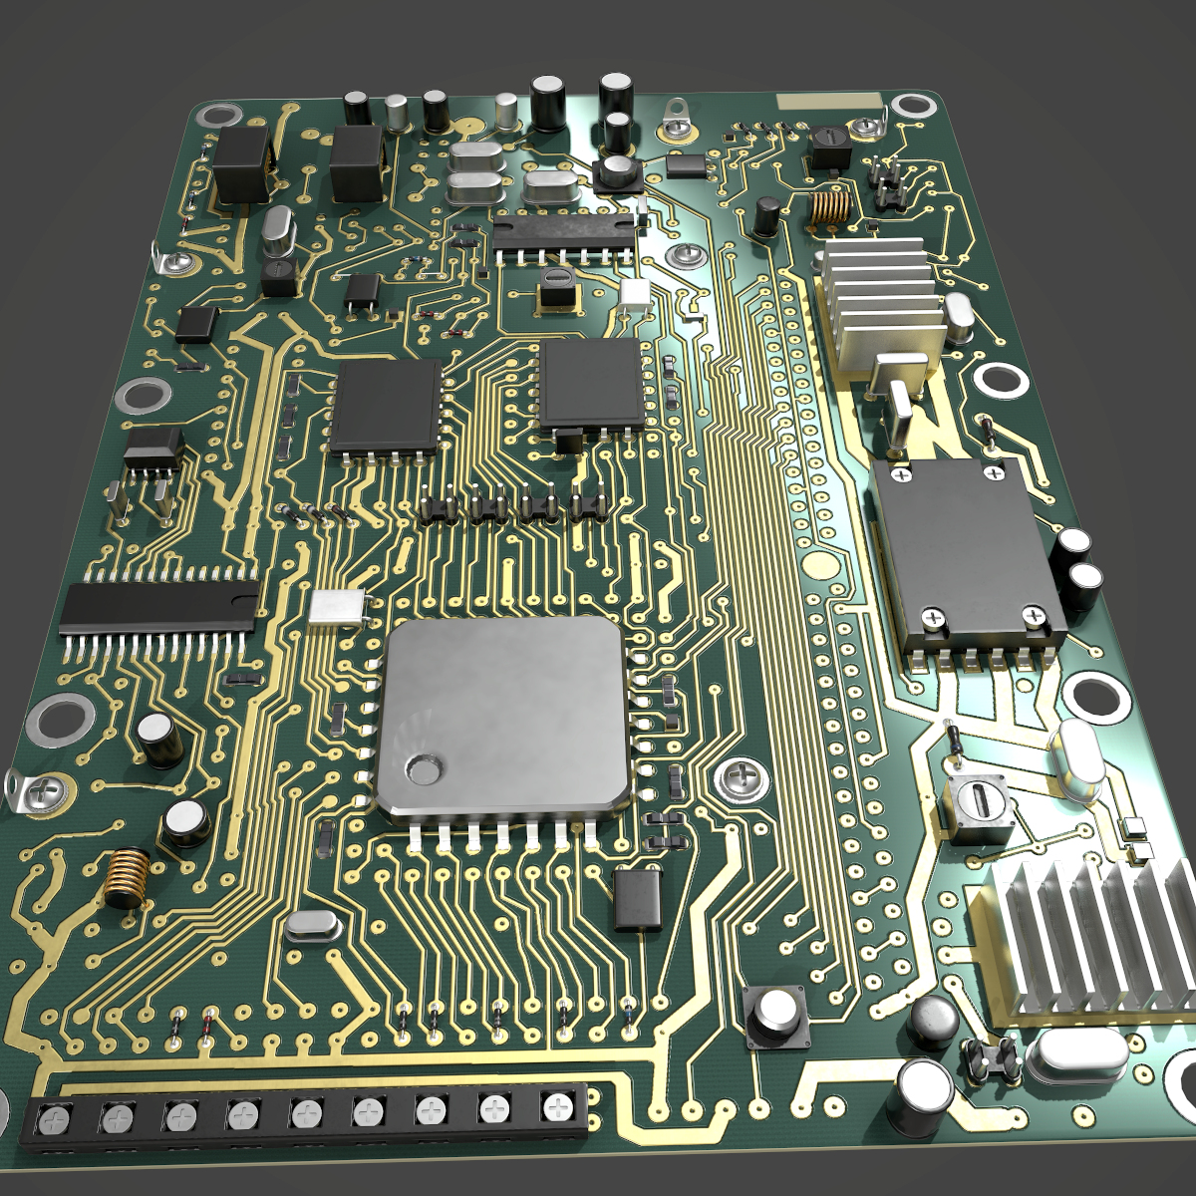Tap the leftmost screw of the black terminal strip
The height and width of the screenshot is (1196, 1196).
pos(53,1121)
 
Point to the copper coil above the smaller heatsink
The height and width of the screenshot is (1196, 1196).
pos(828,206)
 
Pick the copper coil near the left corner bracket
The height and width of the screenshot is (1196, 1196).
pos(126,878)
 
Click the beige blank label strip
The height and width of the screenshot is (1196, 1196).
pos(830,102)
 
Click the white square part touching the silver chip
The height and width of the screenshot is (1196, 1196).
pos(338,607)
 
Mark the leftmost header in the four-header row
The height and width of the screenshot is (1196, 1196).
pos(436,507)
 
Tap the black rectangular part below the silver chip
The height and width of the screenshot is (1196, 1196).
pos(638,900)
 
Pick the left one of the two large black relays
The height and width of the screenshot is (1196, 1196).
pos(242,162)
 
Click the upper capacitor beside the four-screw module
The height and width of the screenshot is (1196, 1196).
pos(1074,549)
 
